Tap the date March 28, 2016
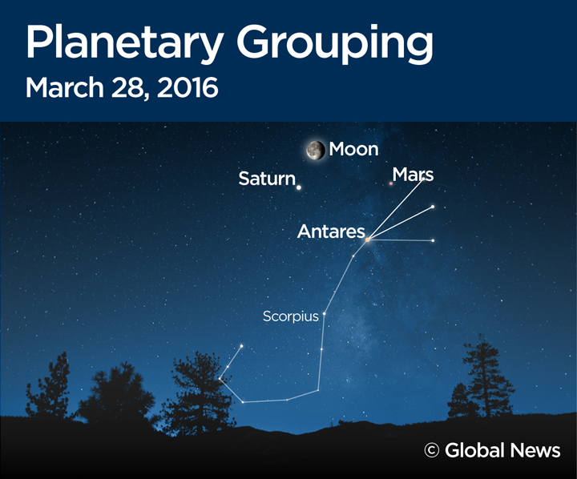[x=122, y=87]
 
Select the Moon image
[x=316, y=150]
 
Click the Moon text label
[x=353, y=149]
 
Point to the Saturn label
[x=267, y=179]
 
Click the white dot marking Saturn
[x=299, y=188]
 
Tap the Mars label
[x=413, y=174]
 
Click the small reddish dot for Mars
[x=391, y=184]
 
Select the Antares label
[x=331, y=231]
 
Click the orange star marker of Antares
[x=367, y=239]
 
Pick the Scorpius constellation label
[x=290, y=316]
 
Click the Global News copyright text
[x=502, y=450]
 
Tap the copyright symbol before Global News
[x=432, y=451]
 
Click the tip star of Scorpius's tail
[x=241, y=347]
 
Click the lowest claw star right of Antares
[x=433, y=240]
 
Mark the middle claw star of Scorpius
[x=433, y=207]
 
